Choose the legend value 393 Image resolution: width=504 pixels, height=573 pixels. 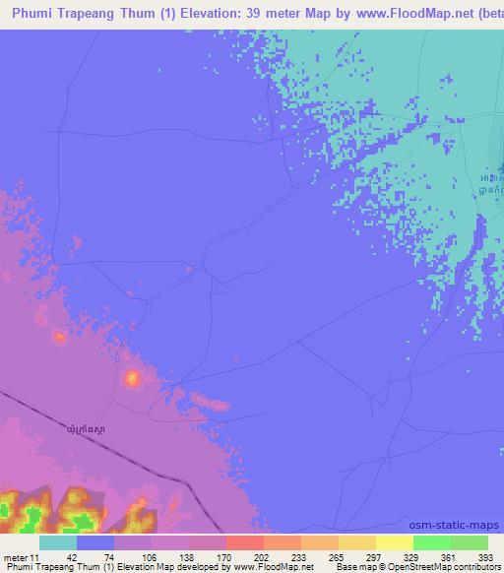(470, 557)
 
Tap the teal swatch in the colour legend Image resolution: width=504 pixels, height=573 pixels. (58, 542)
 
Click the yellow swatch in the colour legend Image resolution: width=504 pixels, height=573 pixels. (394, 542)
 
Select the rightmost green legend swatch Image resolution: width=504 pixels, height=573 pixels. (469, 542)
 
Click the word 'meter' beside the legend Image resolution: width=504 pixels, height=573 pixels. (16, 557)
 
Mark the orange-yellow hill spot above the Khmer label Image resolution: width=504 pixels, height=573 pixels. (132, 376)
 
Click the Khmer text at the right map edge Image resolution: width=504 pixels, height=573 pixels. (495, 175)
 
